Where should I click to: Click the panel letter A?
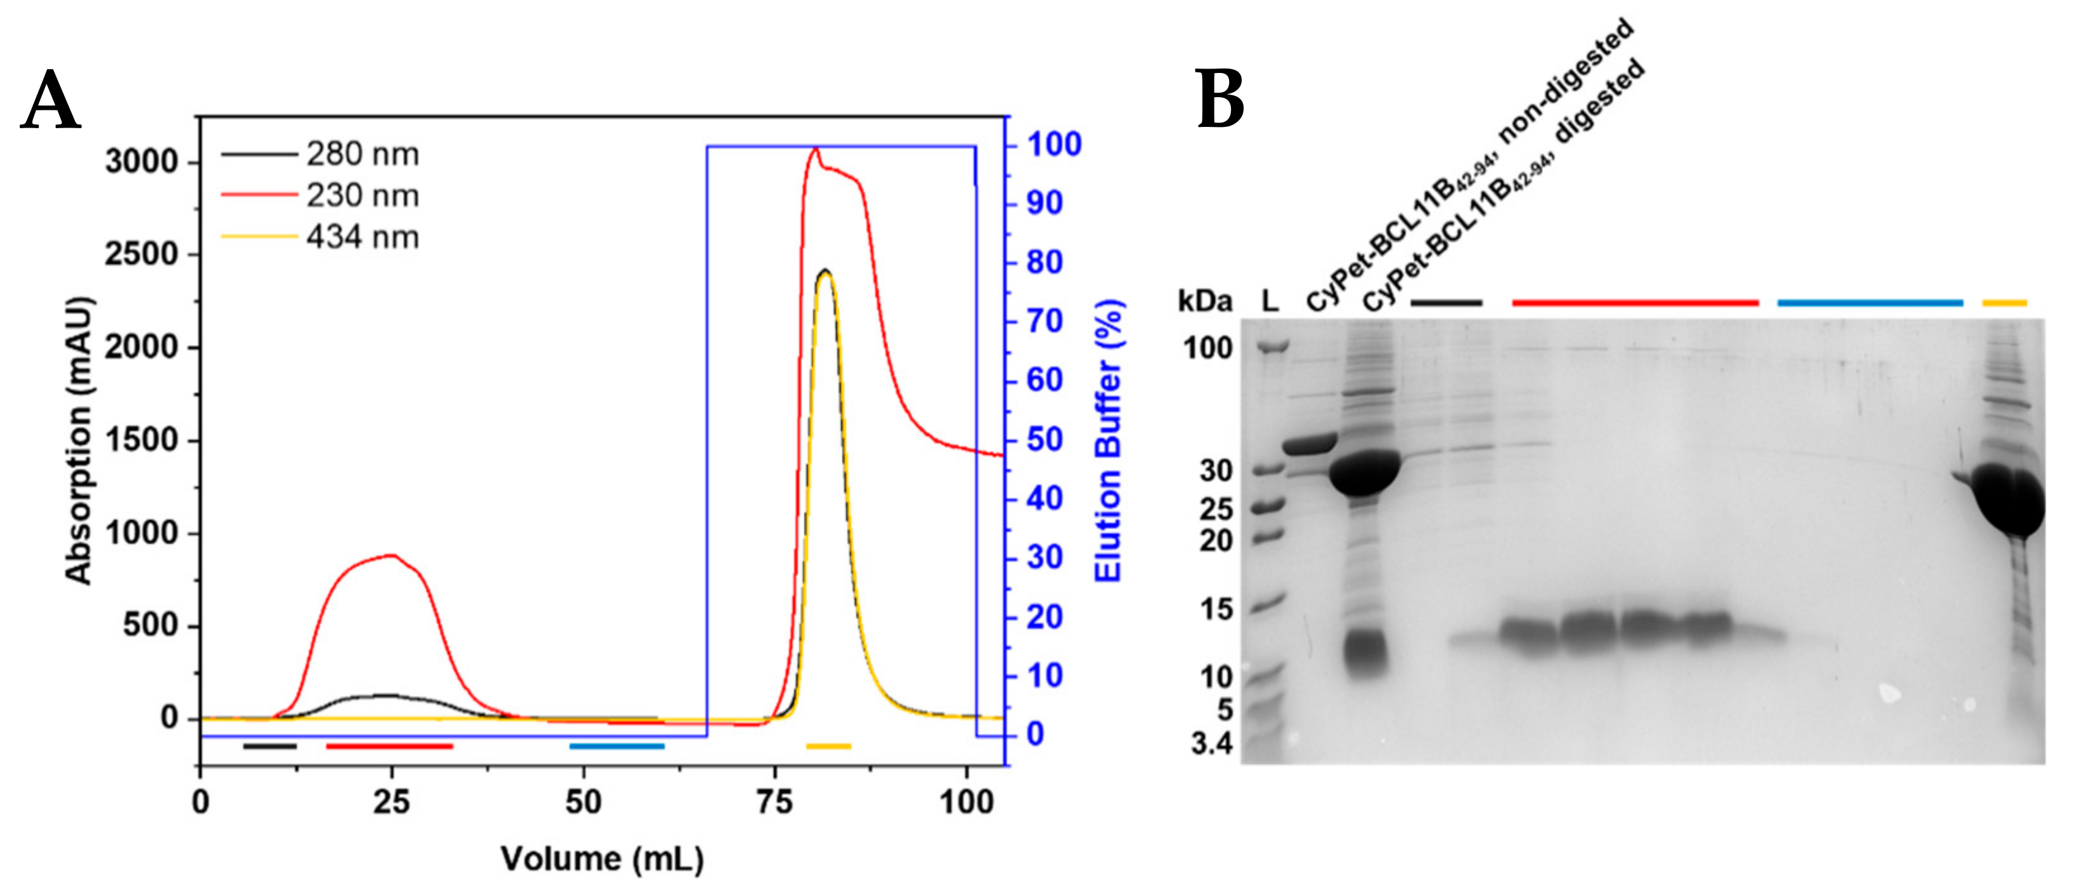pos(50,102)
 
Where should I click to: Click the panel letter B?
pos(1220,100)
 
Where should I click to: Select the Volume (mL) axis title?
pos(602,859)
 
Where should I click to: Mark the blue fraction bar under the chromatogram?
pos(617,746)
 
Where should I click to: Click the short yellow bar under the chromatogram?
pos(828,746)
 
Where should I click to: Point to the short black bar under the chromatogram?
pos(270,746)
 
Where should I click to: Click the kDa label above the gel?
pos(1204,301)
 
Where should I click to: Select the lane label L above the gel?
pos(1270,301)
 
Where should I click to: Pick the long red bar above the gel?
pos(1635,303)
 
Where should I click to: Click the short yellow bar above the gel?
pos(2004,303)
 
